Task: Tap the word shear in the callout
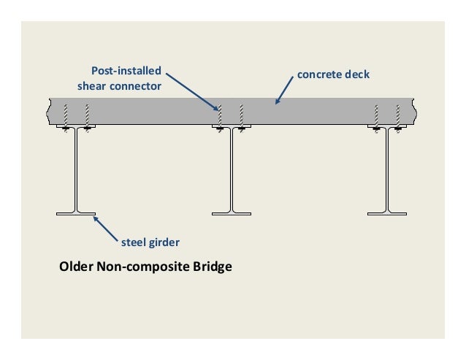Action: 93,85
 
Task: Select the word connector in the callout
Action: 135,85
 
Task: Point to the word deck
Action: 358,74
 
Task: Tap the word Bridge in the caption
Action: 213,267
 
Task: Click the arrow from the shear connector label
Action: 191,91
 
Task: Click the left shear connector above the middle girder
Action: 218,115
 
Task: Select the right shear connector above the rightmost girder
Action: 398,115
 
